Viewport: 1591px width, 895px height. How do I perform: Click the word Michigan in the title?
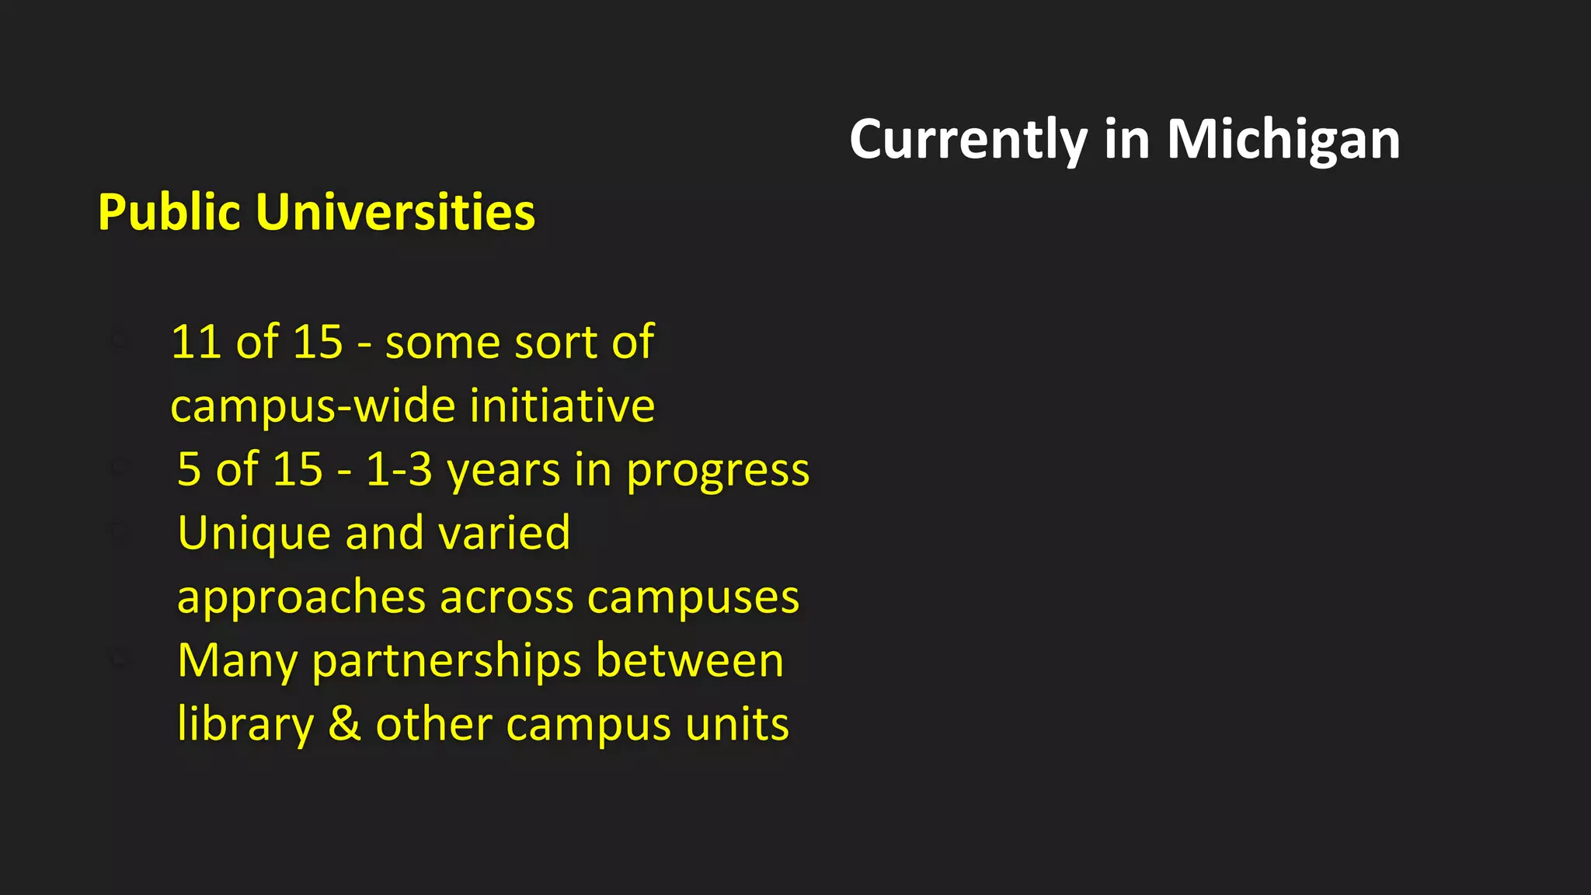[x=1283, y=140]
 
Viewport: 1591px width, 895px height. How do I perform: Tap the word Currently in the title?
[x=968, y=140]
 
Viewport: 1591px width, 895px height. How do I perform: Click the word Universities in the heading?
[x=395, y=212]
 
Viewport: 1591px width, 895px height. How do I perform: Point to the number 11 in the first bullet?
[x=192, y=342]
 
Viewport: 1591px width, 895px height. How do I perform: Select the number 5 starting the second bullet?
[x=189, y=469]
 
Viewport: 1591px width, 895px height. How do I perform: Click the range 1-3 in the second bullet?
[x=399, y=469]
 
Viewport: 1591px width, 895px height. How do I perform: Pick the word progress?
[x=718, y=471]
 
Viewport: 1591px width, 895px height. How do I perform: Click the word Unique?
[x=254, y=534]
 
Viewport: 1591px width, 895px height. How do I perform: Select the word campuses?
[x=693, y=598]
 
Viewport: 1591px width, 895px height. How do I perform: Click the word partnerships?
[x=447, y=662]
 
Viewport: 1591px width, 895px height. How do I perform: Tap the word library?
[x=245, y=726]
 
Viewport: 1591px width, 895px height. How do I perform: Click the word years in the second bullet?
[x=503, y=471]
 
